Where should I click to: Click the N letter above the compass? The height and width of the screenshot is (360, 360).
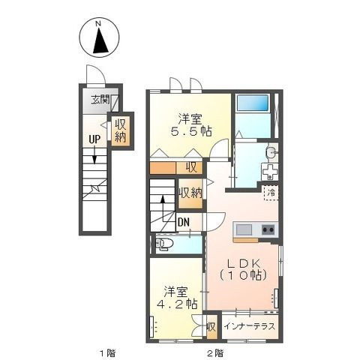coord(98,24)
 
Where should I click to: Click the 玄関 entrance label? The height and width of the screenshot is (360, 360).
coord(100,100)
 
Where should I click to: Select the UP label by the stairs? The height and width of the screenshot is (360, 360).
coord(94,139)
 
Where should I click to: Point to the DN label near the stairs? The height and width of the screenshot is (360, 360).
coord(184,222)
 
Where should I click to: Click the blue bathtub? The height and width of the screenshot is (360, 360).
coord(253,103)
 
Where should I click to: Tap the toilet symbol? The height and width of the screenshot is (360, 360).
coord(164,244)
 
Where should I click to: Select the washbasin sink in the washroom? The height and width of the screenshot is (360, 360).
coord(271,152)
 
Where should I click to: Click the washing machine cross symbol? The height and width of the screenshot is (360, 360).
coord(269,172)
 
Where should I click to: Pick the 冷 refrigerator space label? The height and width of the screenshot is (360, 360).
coord(271,193)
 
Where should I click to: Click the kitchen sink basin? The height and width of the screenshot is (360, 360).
coord(244,229)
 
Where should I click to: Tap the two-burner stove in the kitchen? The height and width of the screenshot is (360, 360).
coord(268,229)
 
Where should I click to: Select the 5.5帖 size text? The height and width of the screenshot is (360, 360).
coord(191,131)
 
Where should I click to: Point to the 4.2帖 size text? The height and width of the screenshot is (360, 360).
coord(177,304)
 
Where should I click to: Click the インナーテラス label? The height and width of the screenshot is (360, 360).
coord(250,326)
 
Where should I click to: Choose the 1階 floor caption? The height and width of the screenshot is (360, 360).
coord(108,353)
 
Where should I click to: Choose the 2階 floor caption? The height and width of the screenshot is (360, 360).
coord(215,353)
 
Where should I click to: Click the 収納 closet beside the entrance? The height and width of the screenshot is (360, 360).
coord(121,131)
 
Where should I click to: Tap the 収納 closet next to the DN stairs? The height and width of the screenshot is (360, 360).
coord(190,193)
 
